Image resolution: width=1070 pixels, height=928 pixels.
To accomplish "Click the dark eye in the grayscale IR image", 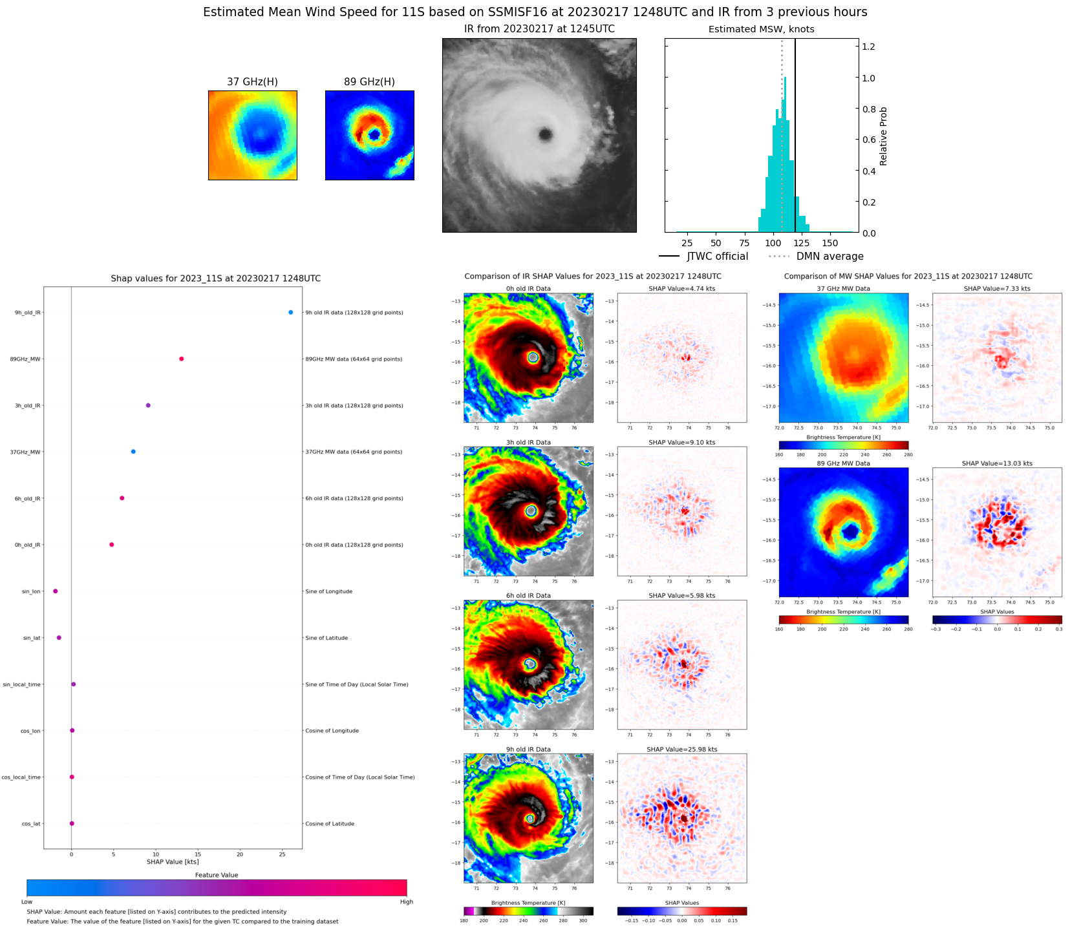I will [546, 134].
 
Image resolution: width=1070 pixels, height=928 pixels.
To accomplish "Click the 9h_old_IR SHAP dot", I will [290, 312].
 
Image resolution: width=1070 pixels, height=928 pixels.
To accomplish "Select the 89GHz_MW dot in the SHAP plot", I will [181, 359].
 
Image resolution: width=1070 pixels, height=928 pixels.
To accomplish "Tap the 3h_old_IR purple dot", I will [148, 405].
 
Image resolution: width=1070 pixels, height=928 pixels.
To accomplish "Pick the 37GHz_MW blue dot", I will [133, 452].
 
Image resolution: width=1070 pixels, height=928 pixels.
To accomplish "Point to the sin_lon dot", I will [55, 591].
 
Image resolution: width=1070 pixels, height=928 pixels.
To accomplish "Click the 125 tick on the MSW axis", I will [801, 244].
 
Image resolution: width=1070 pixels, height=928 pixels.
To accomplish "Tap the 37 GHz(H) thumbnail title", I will [252, 82].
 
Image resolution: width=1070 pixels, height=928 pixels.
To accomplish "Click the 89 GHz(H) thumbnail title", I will [369, 82].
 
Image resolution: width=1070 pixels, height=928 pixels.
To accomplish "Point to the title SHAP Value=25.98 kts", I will [681, 750].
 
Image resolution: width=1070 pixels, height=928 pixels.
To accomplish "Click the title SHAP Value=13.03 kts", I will [996, 463].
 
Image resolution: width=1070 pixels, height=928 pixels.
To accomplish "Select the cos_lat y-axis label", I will [30, 824].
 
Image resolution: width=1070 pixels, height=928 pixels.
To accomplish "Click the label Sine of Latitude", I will [326, 638].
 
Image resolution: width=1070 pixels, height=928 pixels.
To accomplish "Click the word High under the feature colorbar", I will [406, 902].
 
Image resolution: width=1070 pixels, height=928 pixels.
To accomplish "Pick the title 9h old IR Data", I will [528, 750].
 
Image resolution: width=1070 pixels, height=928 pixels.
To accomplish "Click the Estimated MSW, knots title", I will [761, 29].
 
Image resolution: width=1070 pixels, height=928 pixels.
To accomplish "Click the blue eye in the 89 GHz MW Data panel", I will [851, 531].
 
